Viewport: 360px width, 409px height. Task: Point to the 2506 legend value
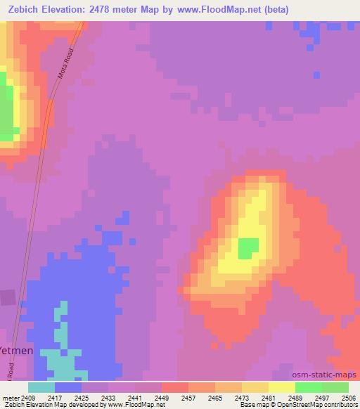point(349,397)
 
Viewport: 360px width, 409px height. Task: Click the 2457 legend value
point(188,397)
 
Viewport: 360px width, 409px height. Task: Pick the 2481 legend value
point(269,397)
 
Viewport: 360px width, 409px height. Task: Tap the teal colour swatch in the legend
point(41,387)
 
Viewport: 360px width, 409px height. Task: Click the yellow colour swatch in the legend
point(282,387)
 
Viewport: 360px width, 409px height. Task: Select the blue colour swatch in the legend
point(68,387)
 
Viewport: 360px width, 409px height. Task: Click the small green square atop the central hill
point(247,247)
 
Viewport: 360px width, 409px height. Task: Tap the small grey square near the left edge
point(7,298)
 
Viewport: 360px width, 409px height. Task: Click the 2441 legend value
point(135,397)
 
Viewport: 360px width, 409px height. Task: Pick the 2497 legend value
point(322,397)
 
